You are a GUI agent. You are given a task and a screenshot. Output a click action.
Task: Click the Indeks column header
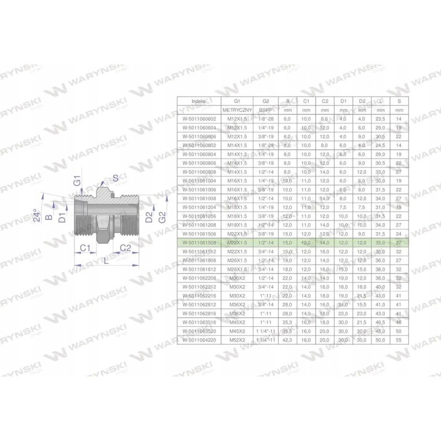[198, 101]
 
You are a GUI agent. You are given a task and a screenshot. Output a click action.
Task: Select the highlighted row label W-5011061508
[198, 243]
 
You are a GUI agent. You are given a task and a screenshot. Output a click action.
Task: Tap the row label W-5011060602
[198, 119]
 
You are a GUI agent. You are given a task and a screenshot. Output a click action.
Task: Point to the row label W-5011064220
[198, 340]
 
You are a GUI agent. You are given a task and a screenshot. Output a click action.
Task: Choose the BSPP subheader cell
[266, 110]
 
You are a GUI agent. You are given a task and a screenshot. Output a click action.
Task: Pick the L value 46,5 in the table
[380, 322]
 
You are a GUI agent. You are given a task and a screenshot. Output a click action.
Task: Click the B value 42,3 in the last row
[288, 340]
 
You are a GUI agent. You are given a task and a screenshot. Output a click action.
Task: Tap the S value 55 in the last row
[399, 340]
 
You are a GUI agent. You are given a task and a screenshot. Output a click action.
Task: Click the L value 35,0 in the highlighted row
[380, 243]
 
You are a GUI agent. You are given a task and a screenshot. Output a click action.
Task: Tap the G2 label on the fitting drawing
[161, 216]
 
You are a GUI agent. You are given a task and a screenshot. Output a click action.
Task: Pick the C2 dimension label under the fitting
[125, 249]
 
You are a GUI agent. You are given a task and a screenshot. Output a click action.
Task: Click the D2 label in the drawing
[147, 216]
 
